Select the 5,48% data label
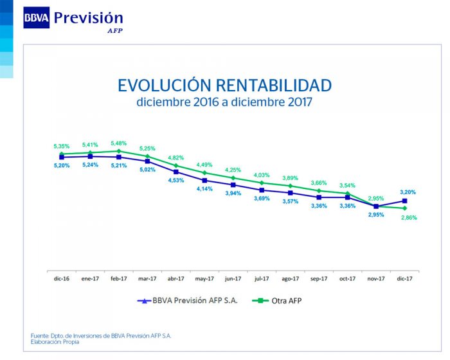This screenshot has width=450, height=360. tap(118, 143)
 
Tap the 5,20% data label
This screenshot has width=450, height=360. tap(62, 165)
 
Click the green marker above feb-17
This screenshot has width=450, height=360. tap(119, 151)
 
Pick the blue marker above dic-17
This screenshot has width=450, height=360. tap(405, 201)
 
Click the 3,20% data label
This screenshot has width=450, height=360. tap(408, 192)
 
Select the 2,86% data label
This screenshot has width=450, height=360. tap(408, 218)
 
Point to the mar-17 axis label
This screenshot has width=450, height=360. tap(147, 278)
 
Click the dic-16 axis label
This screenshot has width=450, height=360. tap(62, 278)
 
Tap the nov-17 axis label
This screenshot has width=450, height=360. tap(376, 278)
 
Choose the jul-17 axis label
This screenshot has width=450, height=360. tap(262, 278)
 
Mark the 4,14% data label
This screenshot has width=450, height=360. tap(204, 189)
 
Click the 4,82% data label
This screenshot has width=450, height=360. tap(175, 157)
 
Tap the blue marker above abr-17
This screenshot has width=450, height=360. tap(176, 172)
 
